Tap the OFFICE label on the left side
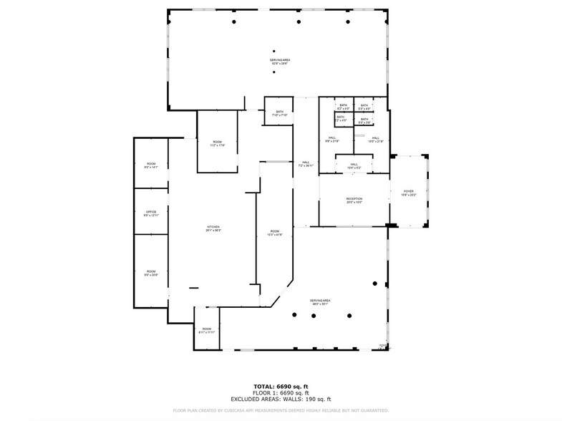click(151, 213)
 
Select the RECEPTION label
click(354, 200)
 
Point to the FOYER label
click(408, 193)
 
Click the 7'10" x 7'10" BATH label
click(280, 113)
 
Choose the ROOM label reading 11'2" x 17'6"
click(218, 144)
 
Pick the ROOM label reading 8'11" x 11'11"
click(206, 330)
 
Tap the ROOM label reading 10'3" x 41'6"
click(274, 233)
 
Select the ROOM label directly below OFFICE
click(151, 272)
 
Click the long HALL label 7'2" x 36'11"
click(306, 165)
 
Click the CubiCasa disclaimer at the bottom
click(281, 410)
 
